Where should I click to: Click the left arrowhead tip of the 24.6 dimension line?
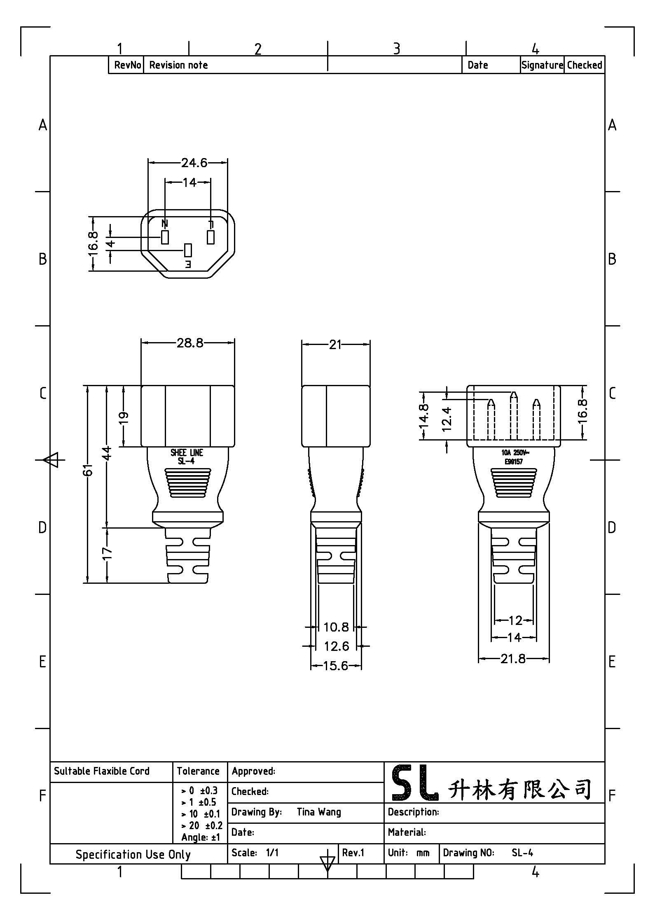[148, 163]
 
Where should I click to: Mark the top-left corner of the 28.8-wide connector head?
[141, 386]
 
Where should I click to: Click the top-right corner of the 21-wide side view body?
[370, 386]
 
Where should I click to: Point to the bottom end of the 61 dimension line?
[88, 583]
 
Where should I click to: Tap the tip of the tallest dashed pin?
[513, 392]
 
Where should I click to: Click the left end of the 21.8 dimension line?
[478, 659]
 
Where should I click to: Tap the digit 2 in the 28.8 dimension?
[180, 343]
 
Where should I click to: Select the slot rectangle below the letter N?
[165, 238]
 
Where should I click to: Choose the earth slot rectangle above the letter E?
[188, 250]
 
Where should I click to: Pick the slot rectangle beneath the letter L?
[211, 238]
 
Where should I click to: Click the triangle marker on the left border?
[51, 460]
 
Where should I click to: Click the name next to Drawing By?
[319, 812]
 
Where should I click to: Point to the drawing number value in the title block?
[522, 853]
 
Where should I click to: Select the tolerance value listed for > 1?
[207, 802]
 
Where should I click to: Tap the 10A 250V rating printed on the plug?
[515, 452]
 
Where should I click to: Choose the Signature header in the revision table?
[542, 65]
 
